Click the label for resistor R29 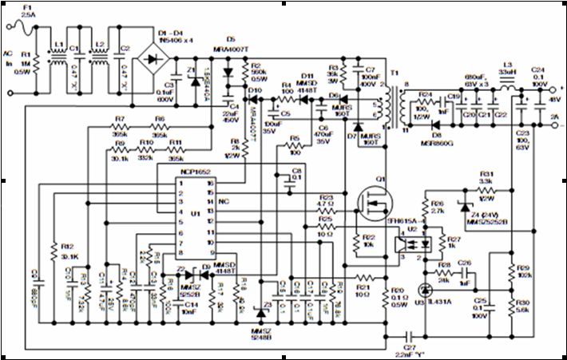coord(524,267)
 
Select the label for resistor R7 coord(121,119)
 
